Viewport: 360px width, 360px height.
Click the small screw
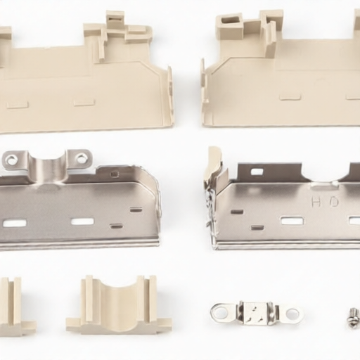[x=353, y=318]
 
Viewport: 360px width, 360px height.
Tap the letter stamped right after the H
[x=333, y=202]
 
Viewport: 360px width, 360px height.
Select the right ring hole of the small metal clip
[x=292, y=314]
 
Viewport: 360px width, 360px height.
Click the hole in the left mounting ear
[x=12, y=160]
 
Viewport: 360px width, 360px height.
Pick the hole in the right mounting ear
[x=82, y=158]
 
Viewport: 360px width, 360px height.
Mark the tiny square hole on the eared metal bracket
[x=114, y=174]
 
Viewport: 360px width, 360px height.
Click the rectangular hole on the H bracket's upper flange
[x=257, y=172]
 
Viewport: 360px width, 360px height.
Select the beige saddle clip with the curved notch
[x=119, y=306]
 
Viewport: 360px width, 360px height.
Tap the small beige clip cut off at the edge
[x=14, y=307]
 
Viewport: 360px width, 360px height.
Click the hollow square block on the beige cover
[x=229, y=27]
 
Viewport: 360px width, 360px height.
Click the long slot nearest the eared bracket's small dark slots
[x=82, y=221]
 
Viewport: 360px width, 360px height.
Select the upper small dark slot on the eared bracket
[x=136, y=210]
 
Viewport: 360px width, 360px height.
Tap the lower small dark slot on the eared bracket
[x=116, y=226]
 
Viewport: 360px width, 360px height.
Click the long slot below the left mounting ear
[x=15, y=223]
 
